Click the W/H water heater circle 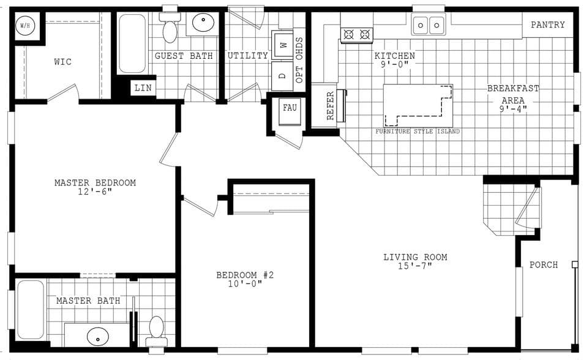tap(25, 26)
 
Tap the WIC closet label tap(62, 62)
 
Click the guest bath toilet tap(170, 29)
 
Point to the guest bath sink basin tap(203, 23)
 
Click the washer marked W tap(283, 45)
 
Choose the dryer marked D tap(283, 76)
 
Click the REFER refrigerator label tap(330, 105)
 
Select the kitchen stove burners tap(356, 34)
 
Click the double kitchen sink tap(429, 25)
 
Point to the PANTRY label tap(547, 25)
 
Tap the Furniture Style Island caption tap(417, 132)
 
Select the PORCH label tap(544, 264)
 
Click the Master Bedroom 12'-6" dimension tap(95, 192)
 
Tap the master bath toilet tap(157, 331)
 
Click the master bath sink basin tap(98, 336)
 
